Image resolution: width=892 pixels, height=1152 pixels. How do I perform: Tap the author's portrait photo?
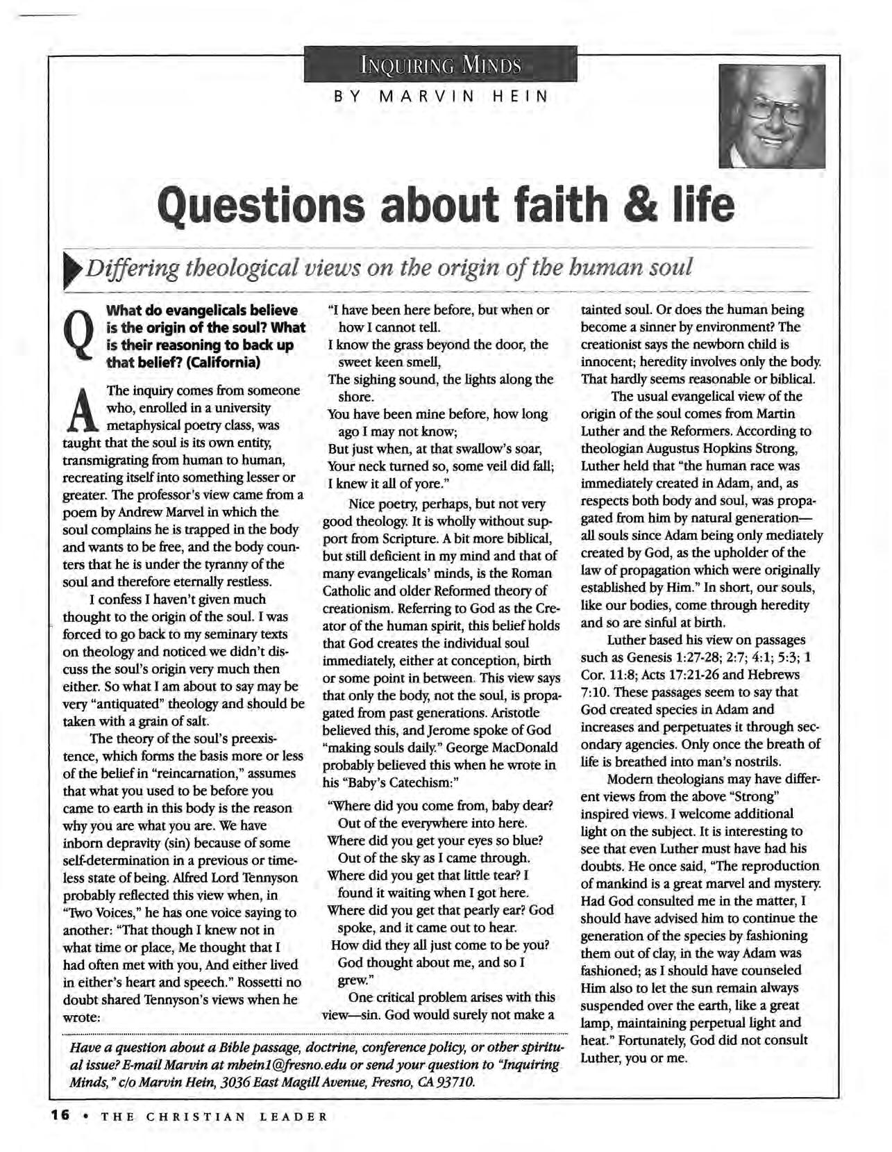[x=772, y=116]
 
